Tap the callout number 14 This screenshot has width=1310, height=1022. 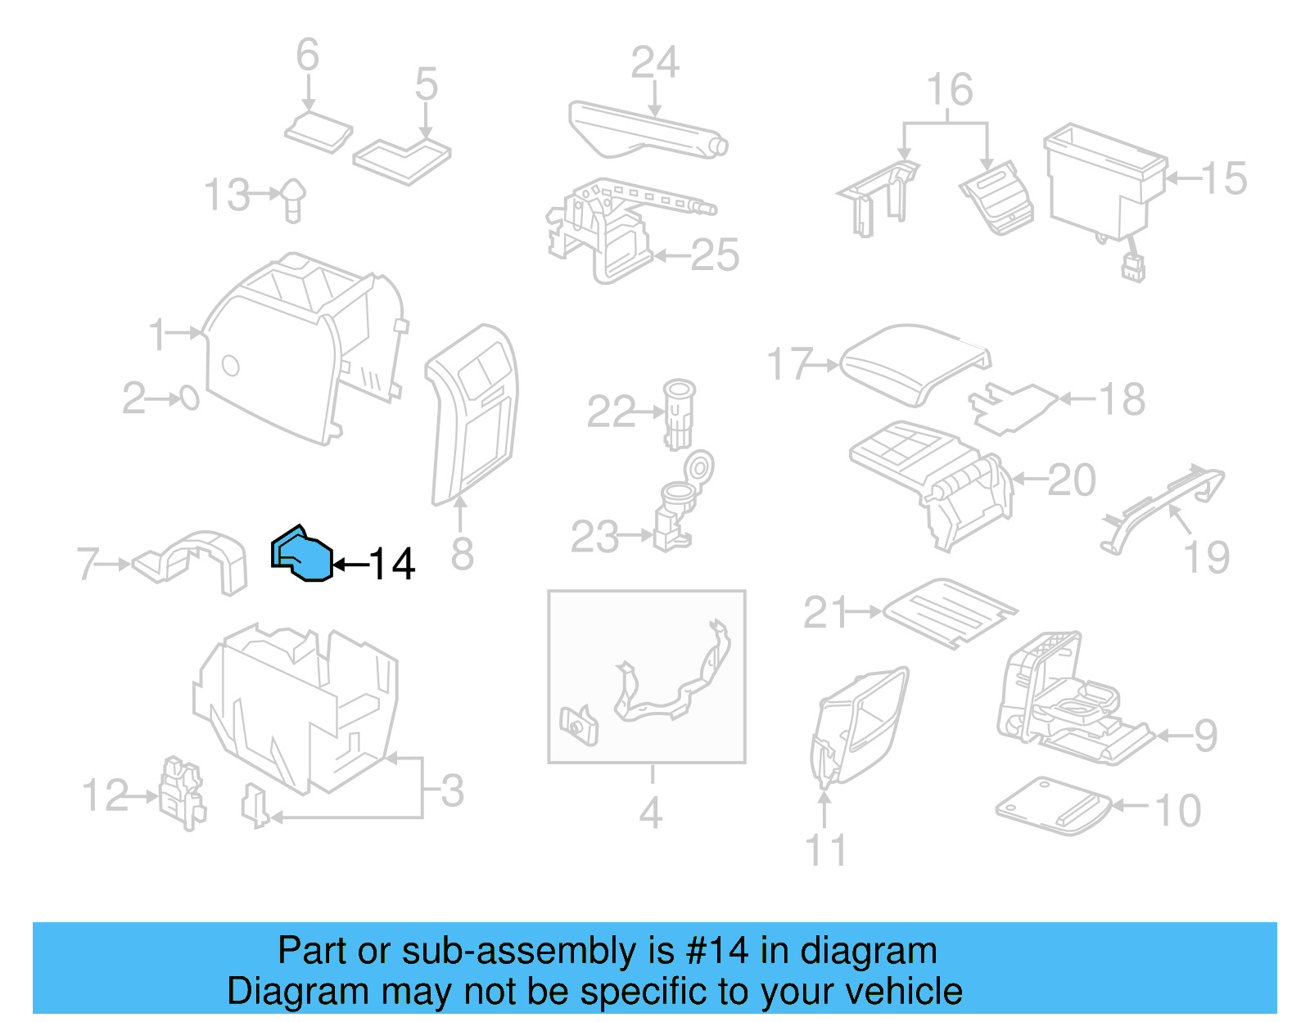(392, 565)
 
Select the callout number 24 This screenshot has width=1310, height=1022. (654, 63)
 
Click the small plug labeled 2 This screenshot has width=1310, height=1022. (189, 398)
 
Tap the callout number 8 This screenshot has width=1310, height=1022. (462, 555)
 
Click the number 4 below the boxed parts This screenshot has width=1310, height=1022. (650, 813)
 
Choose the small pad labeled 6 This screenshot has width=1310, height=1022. (318, 133)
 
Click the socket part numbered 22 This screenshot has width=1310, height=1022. (678, 413)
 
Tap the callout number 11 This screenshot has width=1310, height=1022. (825, 850)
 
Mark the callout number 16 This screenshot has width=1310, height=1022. (949, 90)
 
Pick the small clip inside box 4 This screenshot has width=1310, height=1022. (578, 725)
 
